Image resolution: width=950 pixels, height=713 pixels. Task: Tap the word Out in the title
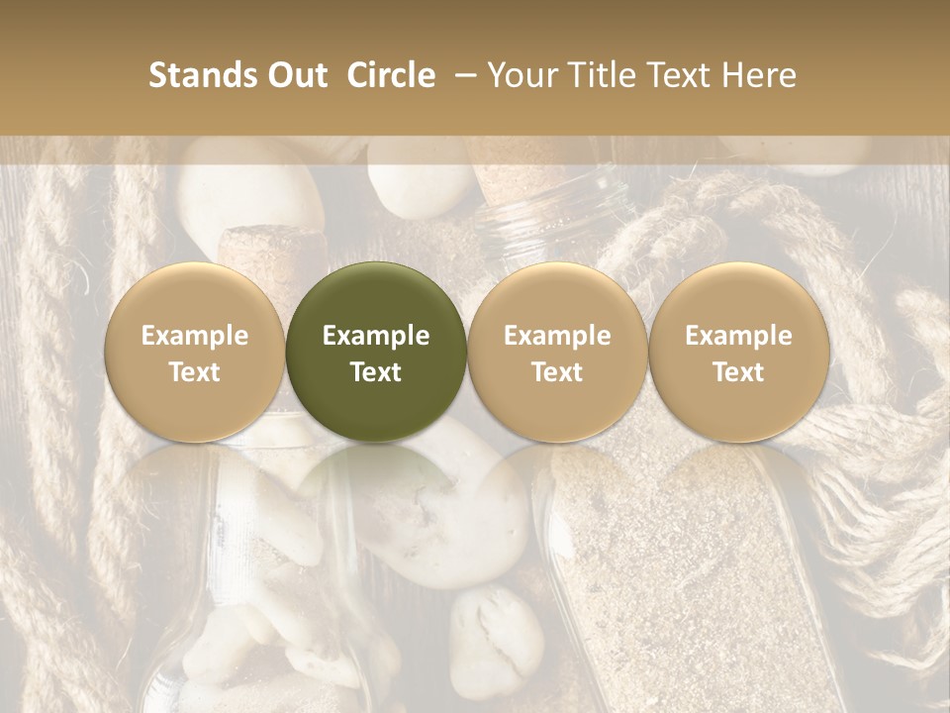pos(295,75)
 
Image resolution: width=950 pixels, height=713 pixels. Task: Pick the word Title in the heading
pos(595,75)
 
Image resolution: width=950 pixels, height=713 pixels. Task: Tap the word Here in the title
pos(759,75)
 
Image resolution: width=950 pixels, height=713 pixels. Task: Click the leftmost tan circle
pos(195,297)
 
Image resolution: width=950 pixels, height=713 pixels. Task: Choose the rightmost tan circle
pos(739,297)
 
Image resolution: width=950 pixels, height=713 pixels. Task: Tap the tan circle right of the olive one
pos(557,297)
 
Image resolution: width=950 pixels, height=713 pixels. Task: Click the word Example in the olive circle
pos(376,336)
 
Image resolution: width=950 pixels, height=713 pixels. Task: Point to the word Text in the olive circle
pos(376,372)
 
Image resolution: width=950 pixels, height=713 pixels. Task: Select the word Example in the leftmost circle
pos(195,336)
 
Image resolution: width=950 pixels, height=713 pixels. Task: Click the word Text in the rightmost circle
pos(739,372)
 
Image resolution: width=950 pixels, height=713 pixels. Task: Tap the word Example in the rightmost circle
pos(739,336)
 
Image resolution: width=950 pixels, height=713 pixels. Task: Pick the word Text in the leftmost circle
pos(195,372)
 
